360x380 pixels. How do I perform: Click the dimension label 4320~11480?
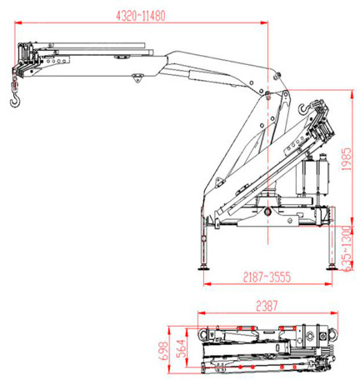coord(141,16)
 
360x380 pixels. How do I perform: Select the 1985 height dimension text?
coord(347,159)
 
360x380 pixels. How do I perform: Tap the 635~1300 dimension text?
coord(347,248)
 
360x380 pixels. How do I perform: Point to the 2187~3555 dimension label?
coord(267,277)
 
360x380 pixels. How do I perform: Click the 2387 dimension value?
coord(267,306)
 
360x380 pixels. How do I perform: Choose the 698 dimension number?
coord(163,351)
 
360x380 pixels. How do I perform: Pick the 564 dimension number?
coord(181,349)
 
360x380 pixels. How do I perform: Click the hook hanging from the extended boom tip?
coord(14,99)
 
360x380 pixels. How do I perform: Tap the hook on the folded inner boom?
coord(303,108)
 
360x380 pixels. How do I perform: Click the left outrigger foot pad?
coord(203,268)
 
